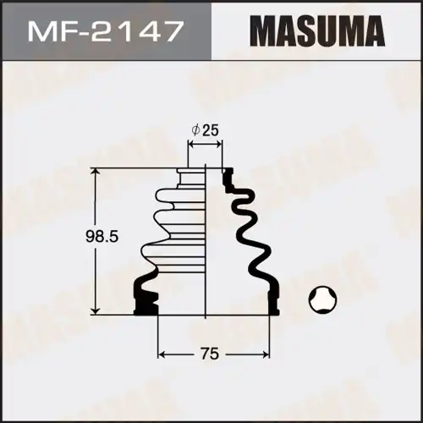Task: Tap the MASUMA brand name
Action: [317, 33]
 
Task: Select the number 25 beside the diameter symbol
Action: [212, 130]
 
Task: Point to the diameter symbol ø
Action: [195, 130]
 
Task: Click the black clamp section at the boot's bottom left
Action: [144, 296]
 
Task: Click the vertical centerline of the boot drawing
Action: [206, 254]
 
